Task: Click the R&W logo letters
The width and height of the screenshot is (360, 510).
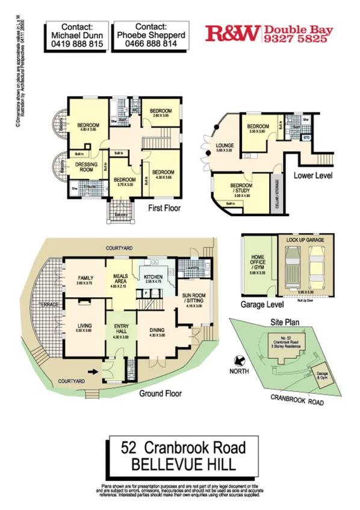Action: tap(232, 33)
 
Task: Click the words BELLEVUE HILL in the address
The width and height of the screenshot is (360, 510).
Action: tap(180, 464)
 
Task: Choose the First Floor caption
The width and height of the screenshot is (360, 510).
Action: tap(164, 208)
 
